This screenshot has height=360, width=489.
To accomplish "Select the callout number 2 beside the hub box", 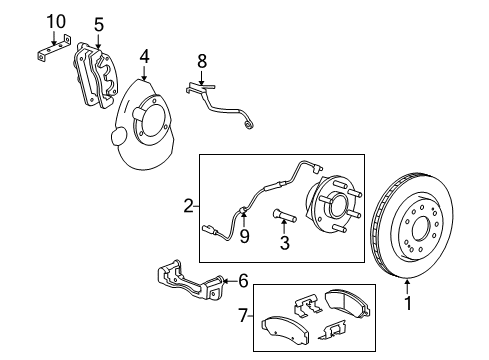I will (x=187, y=206).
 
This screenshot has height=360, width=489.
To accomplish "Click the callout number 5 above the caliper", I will (x=98, y=23).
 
